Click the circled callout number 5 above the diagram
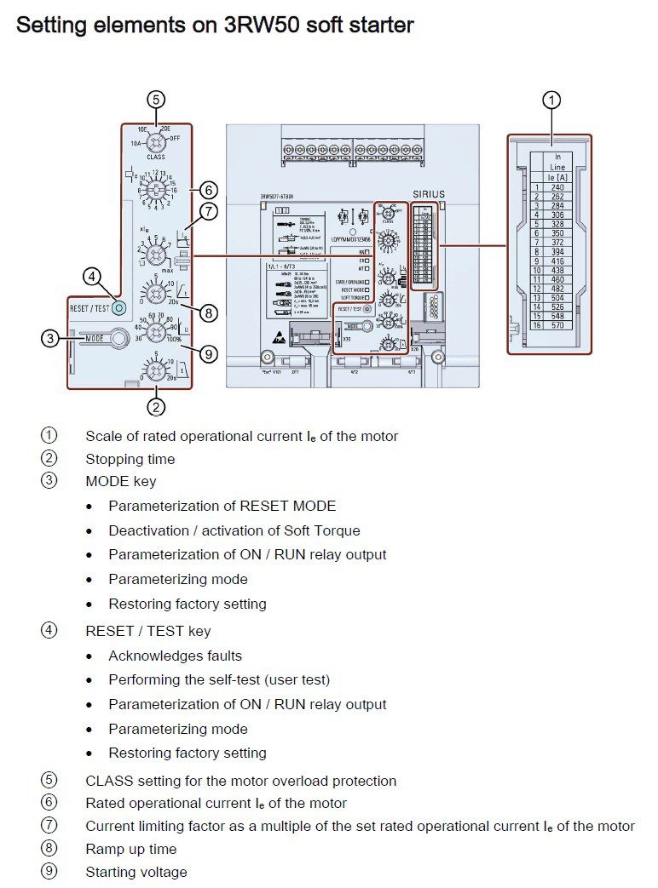(x=155, y=100)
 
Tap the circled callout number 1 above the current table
(x=551, y=100)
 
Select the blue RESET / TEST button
(x=118, y=307)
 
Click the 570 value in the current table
(x=557, y=325)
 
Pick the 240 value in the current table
(x=557, y=187)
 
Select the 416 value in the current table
(x=557, y=261)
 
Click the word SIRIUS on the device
(x=429, y=194)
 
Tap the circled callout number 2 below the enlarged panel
(x=155, y=407)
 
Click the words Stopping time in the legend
(x=130, y=459)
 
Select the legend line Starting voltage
(x=136, y=872)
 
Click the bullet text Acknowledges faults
(x=175, y=656)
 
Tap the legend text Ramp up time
(x=130, y=849)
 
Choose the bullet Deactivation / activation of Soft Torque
(x=234, y=530)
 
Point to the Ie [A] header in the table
(x=557, y=177)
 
